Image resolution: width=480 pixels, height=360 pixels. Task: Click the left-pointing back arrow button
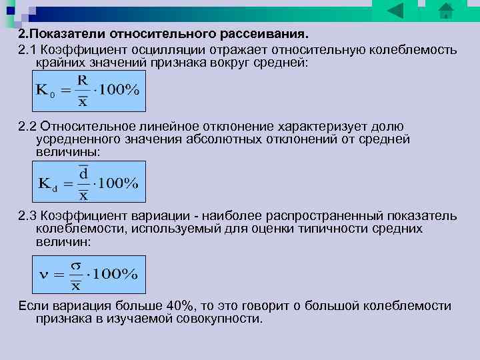[x=396, y=11]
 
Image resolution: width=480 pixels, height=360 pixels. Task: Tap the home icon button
[x=445, y=11]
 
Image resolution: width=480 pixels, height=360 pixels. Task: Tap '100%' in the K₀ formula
[x=119, y=91]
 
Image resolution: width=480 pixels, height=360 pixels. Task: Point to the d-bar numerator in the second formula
[x=83, y=173]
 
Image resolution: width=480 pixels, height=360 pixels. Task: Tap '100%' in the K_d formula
[x=119, y=183]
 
